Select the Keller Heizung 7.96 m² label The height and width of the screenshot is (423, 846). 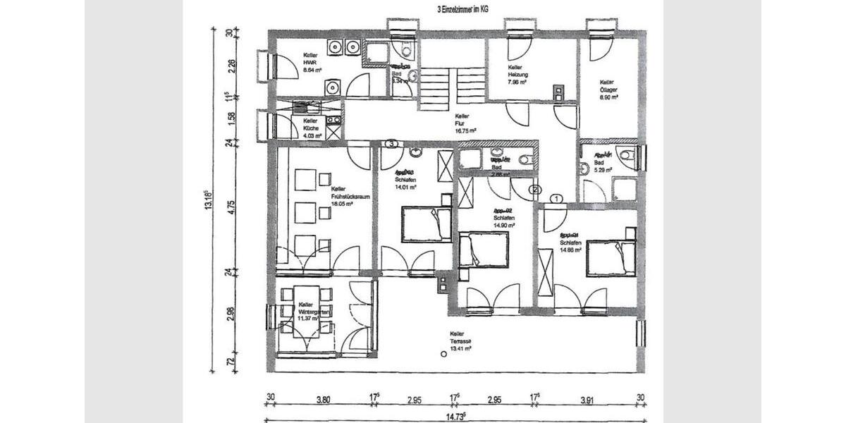tap(518, 74)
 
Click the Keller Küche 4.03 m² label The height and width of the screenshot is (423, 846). tap(312, 128)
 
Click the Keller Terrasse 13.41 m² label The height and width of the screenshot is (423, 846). tap(460, 341)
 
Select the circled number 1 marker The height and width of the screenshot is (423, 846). tap(556, 200)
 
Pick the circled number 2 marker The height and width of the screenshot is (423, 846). tap(534, 190)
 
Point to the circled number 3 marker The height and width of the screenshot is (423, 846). tap(392, 144)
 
